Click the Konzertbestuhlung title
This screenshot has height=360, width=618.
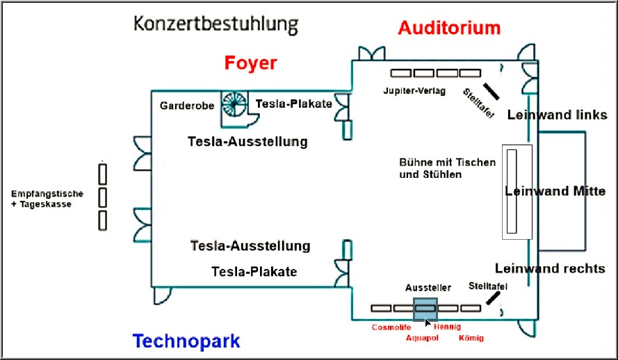click(216, 25)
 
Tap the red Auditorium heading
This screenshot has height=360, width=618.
click(449, 28)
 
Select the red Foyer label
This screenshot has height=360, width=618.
click(250, 63)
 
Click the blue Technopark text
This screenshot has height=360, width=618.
click(186, 341)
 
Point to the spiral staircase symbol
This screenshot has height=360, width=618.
click(234, 104)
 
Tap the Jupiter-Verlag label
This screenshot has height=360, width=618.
click(414, 91)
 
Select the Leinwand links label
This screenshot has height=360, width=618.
click(556, 115)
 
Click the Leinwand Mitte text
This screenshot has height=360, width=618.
click(555, 190)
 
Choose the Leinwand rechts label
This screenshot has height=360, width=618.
click(550, 268)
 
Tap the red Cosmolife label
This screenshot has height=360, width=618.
click(391, 327)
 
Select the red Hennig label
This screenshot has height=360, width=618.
click(447, 327)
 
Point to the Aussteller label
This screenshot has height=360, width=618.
click(428, 287)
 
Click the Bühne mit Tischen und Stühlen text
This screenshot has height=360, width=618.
click(448, 168)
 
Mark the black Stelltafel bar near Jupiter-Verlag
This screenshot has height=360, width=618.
click(491, 91)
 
